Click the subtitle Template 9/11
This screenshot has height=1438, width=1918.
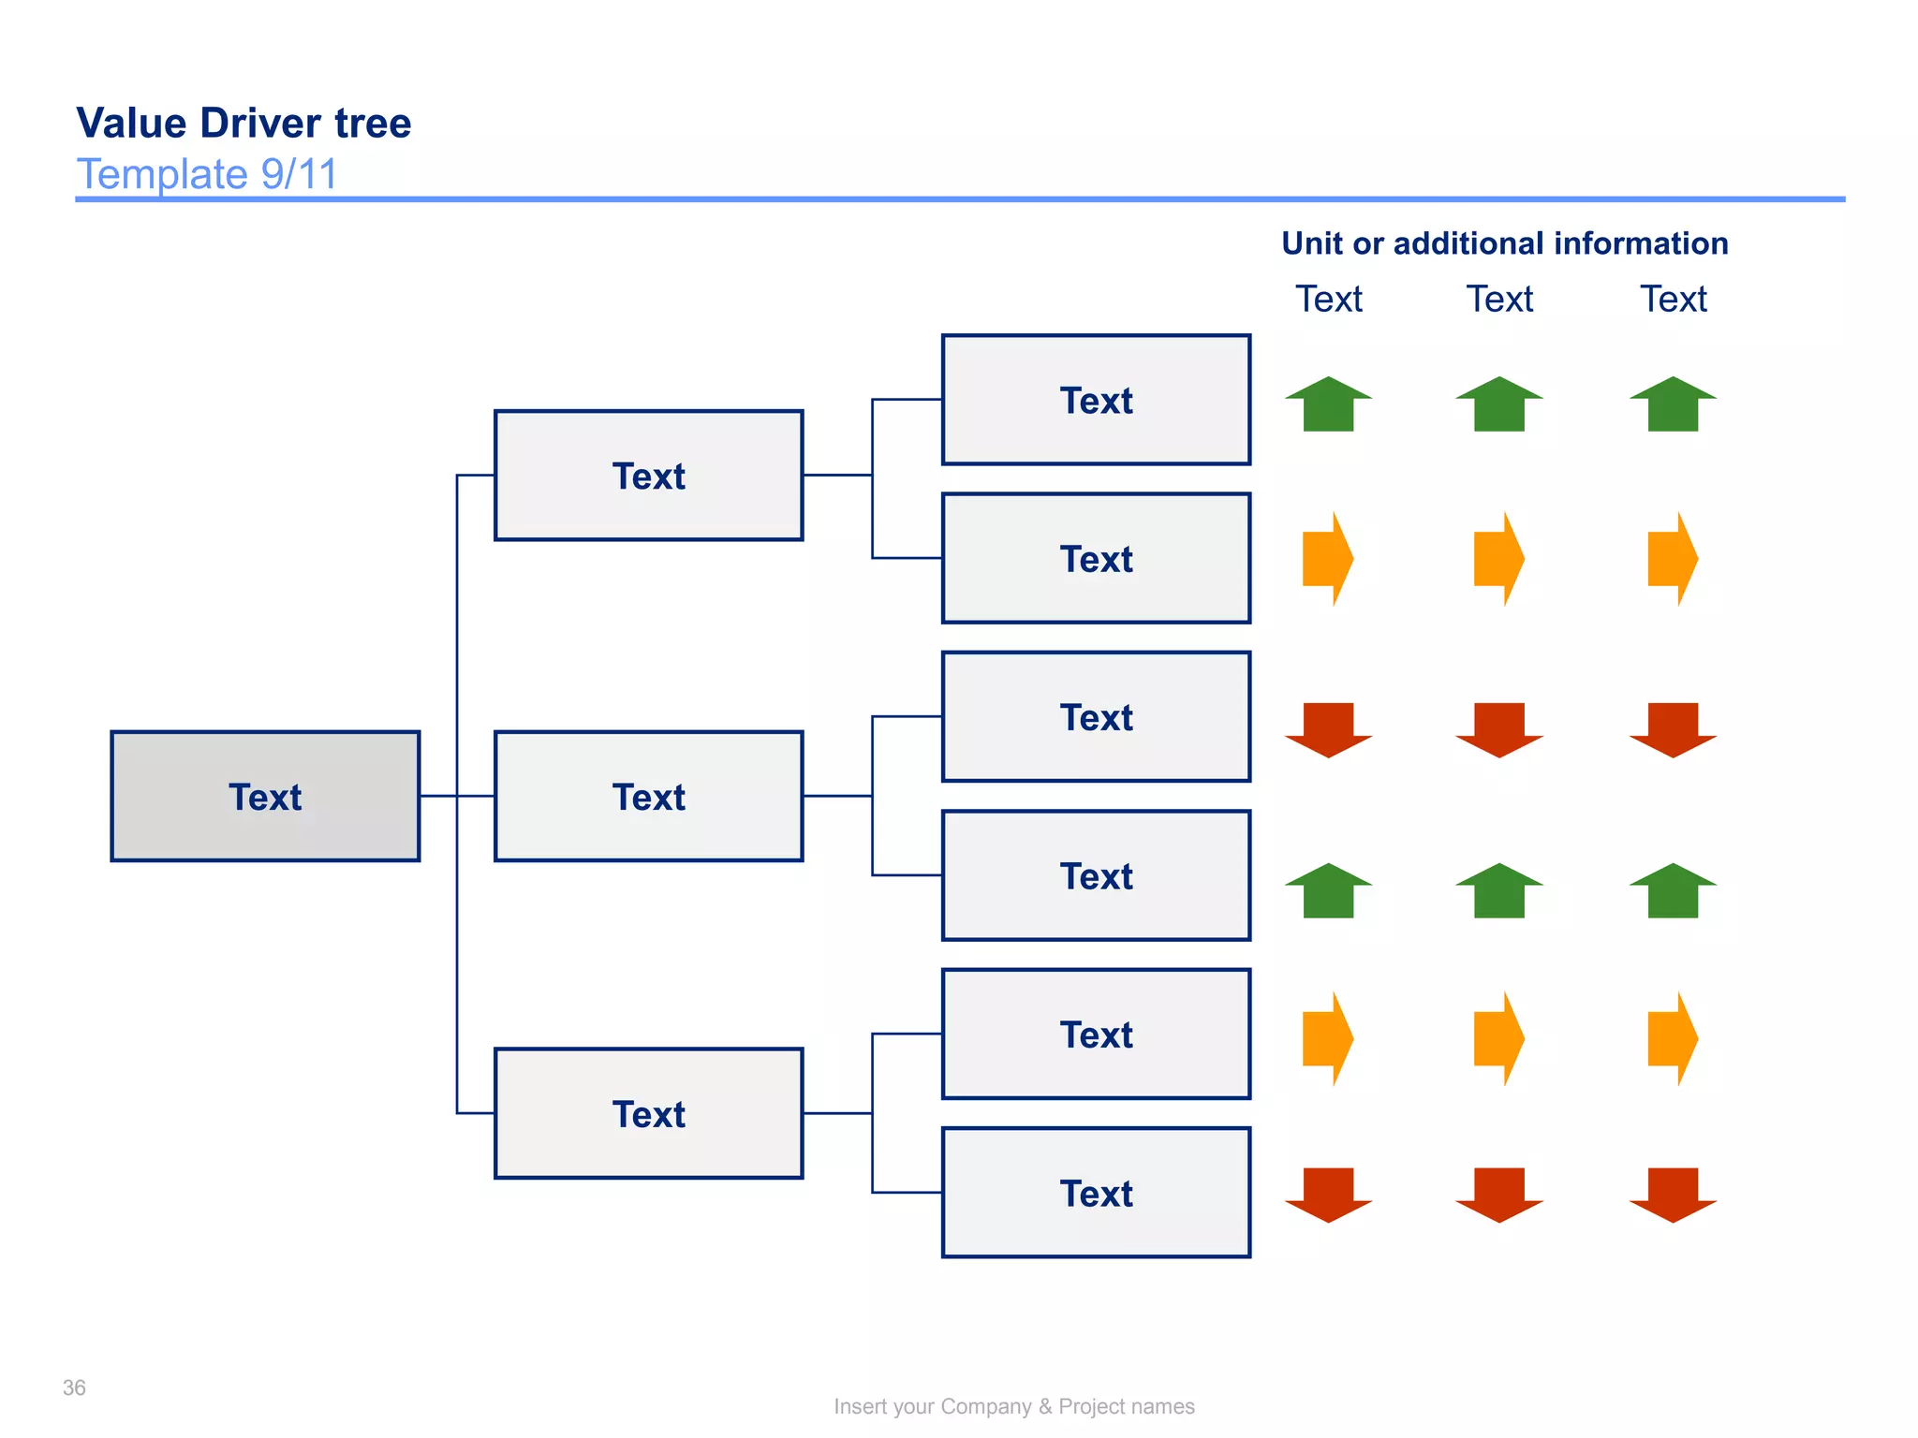click(206, 174)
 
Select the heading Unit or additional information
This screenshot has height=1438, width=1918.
click(1504, 243)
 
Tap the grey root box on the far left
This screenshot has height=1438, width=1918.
click(265, 797)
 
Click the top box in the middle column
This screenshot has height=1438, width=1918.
click(648, 476)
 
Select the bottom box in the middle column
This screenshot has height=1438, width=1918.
click(648, 1113)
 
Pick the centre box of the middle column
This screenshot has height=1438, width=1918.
click(648, 797)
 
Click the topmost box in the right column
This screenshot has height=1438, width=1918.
click(1096, 400)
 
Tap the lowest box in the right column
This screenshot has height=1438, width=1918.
click(1096, 1193)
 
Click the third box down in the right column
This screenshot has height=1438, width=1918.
click(1096, 717)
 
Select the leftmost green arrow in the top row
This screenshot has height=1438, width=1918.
click(1328, 405)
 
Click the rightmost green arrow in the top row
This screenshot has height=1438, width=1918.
click(1673, 405)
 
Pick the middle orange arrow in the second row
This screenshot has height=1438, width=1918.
click(1498, 559)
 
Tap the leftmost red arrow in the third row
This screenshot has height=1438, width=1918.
click(1328, 728)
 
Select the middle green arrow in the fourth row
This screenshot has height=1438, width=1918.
click(1498, 891)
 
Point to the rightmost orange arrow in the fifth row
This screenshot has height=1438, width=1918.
click(1673, 1038)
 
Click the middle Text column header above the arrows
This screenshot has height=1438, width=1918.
click(1499, 300)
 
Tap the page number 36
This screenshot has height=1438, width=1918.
click(74, 1387)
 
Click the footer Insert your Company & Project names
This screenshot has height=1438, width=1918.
click(1013, 1406)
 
